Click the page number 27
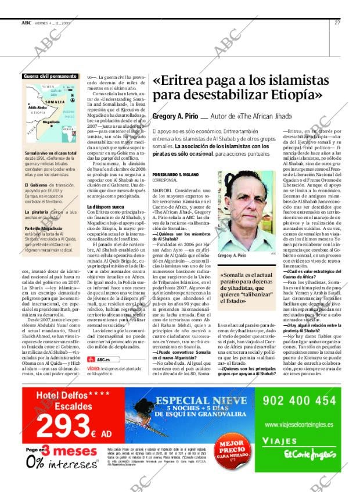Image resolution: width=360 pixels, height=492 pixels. (x=337, y=23)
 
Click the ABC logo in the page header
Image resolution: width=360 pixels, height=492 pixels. (x=26, y=23)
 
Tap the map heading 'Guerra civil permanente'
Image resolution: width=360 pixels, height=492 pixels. (x=50, y=76)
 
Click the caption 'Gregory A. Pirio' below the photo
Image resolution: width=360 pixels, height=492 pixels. (x=232, y=256)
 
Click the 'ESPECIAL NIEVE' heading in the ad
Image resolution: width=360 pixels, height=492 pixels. (x=202, y=401)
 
